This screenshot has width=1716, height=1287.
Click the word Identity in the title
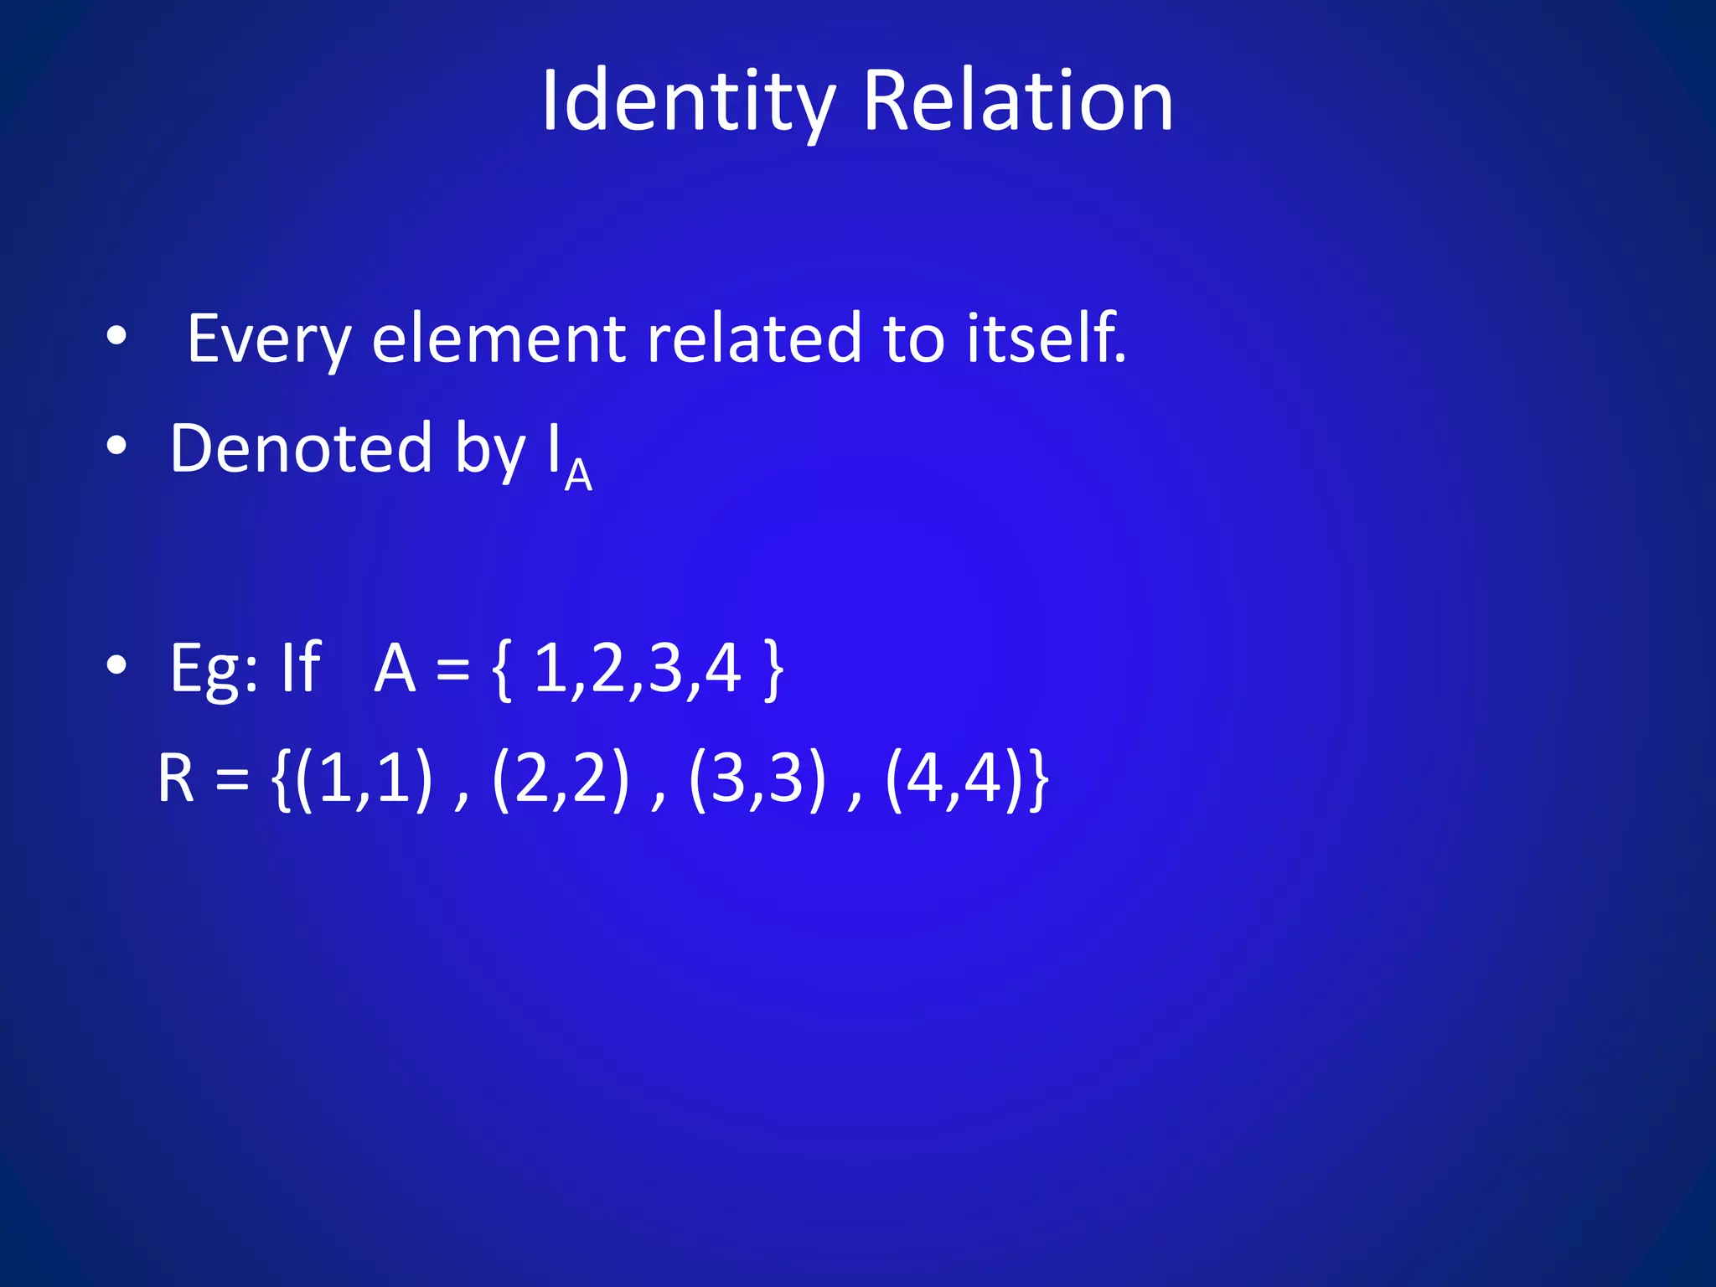(688, 102)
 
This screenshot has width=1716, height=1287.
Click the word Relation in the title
(1017, 102)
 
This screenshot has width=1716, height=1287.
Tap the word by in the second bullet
(490, 452)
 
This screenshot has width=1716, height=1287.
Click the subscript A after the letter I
(578, 476)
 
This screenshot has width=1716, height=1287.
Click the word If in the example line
(300, 667)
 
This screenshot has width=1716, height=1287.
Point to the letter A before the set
(395, 669)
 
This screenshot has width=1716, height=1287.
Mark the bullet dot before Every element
(116, 337)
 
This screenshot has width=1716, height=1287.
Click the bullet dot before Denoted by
(116, 447)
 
